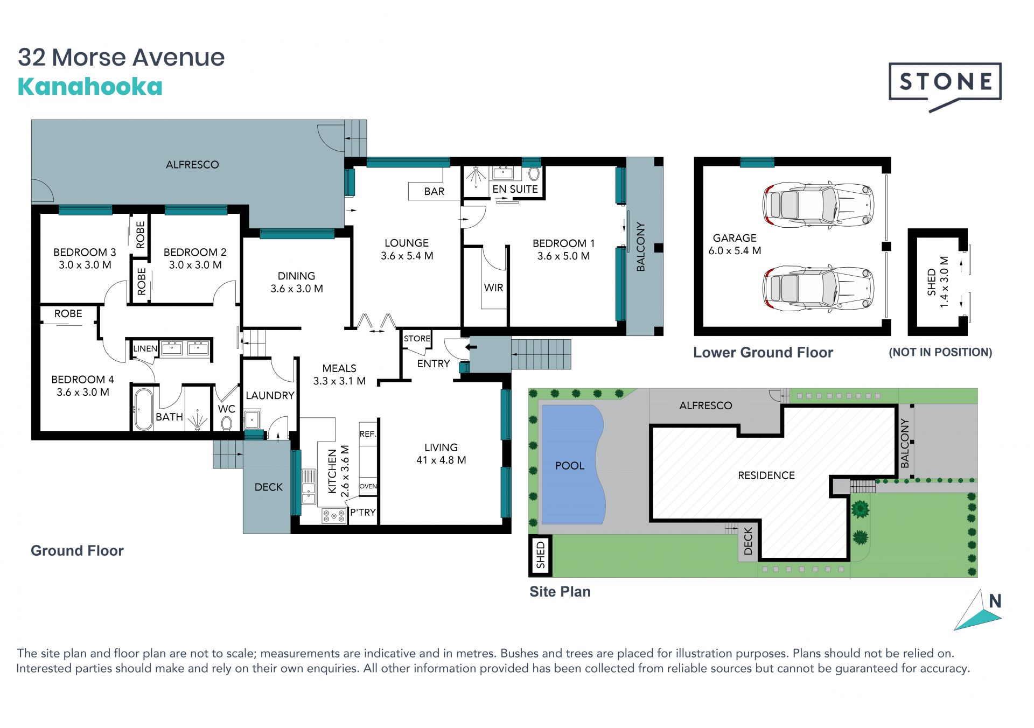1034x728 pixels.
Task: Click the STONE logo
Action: click(945, 86)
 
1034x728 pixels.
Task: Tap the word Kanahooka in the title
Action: click(90, 87)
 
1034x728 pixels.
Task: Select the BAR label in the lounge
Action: click(434, 191)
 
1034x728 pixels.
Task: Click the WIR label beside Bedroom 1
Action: click(493, 288)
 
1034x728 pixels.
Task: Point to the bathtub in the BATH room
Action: click(143, 409)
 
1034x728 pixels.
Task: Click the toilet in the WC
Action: click(227, 422)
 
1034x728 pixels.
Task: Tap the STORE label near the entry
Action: click(417, 339)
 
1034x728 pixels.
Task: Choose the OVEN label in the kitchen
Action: click(368, 486)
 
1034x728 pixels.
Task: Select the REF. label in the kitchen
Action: click(368, 434)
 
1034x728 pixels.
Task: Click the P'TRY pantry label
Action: click(363, 512)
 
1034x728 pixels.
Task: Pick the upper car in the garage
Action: click(818, 205)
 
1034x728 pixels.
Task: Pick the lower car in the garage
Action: click(818, 288)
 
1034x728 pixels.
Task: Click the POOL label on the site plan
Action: click(570, 466)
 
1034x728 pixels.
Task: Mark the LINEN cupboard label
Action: click(145, 348)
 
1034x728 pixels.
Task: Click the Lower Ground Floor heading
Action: click(763, 353)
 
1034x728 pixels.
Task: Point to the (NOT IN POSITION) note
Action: click(940, 352)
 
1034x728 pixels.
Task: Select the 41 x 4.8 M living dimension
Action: click(441, 460)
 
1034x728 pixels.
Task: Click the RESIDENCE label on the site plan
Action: click(766, 475)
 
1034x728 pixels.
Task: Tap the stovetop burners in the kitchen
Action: click(334, 516)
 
